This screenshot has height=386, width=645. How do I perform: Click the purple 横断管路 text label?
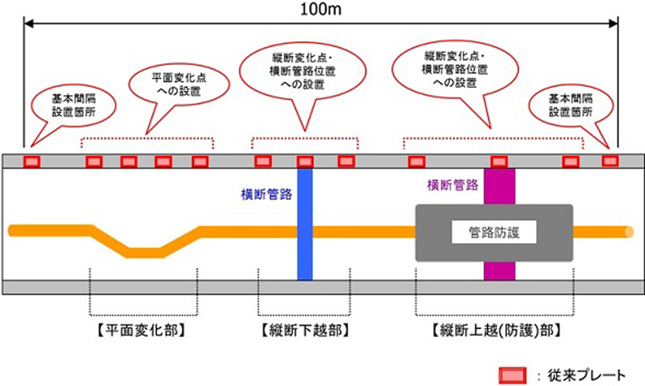452,185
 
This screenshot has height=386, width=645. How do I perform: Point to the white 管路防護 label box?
494,232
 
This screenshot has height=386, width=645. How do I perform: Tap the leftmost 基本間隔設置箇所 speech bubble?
75,105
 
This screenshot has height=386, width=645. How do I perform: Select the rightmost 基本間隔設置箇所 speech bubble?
571,105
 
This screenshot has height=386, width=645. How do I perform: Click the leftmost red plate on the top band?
31,161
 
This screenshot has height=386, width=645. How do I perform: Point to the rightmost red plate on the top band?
610,160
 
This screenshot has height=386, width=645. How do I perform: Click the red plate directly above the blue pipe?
305,161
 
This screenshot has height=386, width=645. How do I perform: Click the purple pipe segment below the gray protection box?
499,270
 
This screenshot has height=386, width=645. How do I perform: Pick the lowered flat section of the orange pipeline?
144,252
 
